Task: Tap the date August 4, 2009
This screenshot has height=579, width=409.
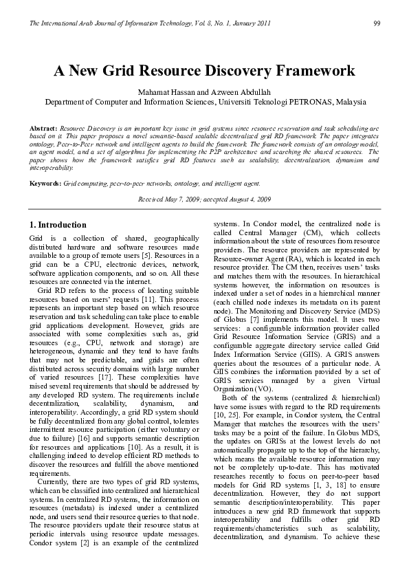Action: click(x=249, y=199)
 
